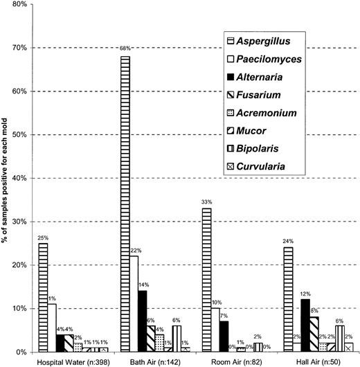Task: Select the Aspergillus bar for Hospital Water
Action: [x=43, y=298]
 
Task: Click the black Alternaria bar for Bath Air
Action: [x=143, y=321]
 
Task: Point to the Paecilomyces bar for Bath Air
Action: [x=134, y=304]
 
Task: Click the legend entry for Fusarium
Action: [x=262, y=94]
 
